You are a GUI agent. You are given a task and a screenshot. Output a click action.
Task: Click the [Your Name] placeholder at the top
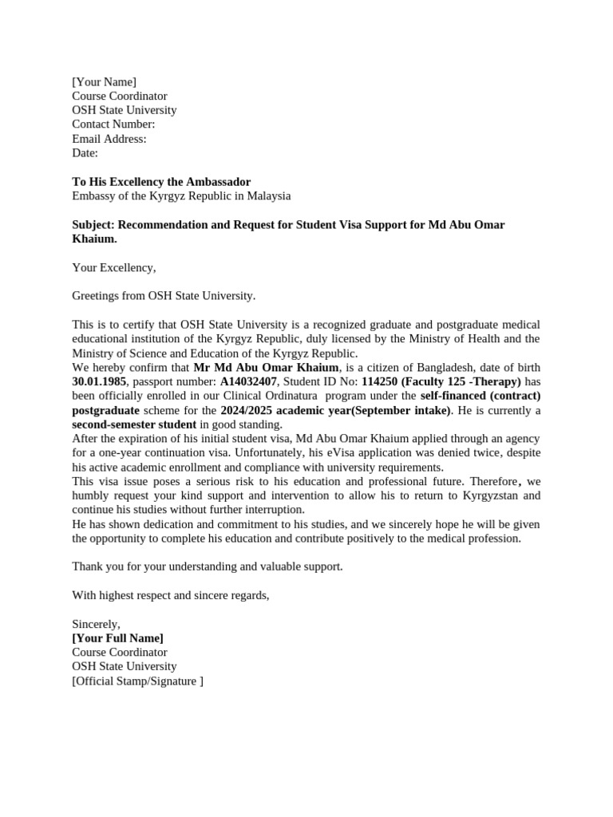click(104, 81)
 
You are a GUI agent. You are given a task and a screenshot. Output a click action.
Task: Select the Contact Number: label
click(113, 124)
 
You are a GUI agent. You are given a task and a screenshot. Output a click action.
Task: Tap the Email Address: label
click(109, 139)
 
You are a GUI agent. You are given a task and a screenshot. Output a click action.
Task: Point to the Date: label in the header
click(85, 153)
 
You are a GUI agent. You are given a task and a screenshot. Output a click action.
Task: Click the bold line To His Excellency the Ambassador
click(161, 182)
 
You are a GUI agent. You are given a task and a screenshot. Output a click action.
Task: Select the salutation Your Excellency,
click(114, 267)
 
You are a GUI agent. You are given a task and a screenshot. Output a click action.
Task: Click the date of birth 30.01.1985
click(99, 381)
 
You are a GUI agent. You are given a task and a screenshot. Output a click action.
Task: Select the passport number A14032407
click(248, 381)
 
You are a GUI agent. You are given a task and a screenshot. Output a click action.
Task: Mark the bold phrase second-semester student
click(134, 424)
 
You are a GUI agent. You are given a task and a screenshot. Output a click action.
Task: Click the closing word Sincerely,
click(97, 624)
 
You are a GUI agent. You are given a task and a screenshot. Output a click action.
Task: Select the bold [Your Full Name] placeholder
click(118, 638)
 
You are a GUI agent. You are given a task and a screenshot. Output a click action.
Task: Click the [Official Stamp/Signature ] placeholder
click(137, 681)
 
